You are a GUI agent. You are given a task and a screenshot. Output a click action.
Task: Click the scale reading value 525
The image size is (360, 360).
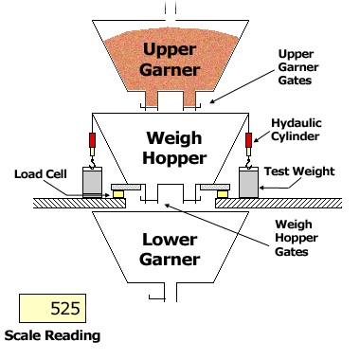(x=65, y=308)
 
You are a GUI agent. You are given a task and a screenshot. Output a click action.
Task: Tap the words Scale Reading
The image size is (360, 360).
(x=52, y=335)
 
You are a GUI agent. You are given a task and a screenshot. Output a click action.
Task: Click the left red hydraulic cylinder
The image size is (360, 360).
(x=92, y=140)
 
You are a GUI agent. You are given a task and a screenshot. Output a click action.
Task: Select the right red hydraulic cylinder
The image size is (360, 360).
(x=249, y=140)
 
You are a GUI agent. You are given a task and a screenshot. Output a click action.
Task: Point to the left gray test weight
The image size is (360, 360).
(x=92, y=183)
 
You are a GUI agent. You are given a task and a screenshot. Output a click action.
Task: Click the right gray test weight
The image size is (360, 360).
(x=249, y=183)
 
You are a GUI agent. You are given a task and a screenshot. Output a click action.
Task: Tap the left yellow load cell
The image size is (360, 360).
(x=118, y=194)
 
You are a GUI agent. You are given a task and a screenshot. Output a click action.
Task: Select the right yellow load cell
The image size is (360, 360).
(x=223, y=194)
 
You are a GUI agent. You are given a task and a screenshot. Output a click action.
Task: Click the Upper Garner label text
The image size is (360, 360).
(x=170, y=60)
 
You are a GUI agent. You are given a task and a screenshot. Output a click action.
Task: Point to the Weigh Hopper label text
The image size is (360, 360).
(x=174, y=148)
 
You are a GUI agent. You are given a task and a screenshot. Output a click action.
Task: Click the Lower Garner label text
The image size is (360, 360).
(x=170, y=249)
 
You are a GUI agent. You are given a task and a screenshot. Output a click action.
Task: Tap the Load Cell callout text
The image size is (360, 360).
(x=41, y=174)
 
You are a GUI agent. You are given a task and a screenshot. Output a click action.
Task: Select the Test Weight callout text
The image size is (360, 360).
(x=299, y=171)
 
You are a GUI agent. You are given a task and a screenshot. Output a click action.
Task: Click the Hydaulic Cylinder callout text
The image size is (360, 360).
(x=297, y=130)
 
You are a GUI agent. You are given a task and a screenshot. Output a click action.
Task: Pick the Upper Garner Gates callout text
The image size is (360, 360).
(x=298, y=67)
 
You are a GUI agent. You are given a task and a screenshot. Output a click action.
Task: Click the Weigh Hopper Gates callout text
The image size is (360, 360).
(x=297, y=238)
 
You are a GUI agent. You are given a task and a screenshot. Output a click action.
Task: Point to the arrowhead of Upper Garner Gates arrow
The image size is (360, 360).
(x=212, y=101)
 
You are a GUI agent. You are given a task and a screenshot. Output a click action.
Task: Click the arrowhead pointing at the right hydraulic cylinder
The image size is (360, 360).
(x=256, y=140)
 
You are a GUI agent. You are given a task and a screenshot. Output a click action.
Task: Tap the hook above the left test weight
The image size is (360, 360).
(x=92, y=163)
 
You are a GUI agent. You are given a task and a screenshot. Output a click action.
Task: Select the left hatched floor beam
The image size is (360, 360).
(x=80, y=203)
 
